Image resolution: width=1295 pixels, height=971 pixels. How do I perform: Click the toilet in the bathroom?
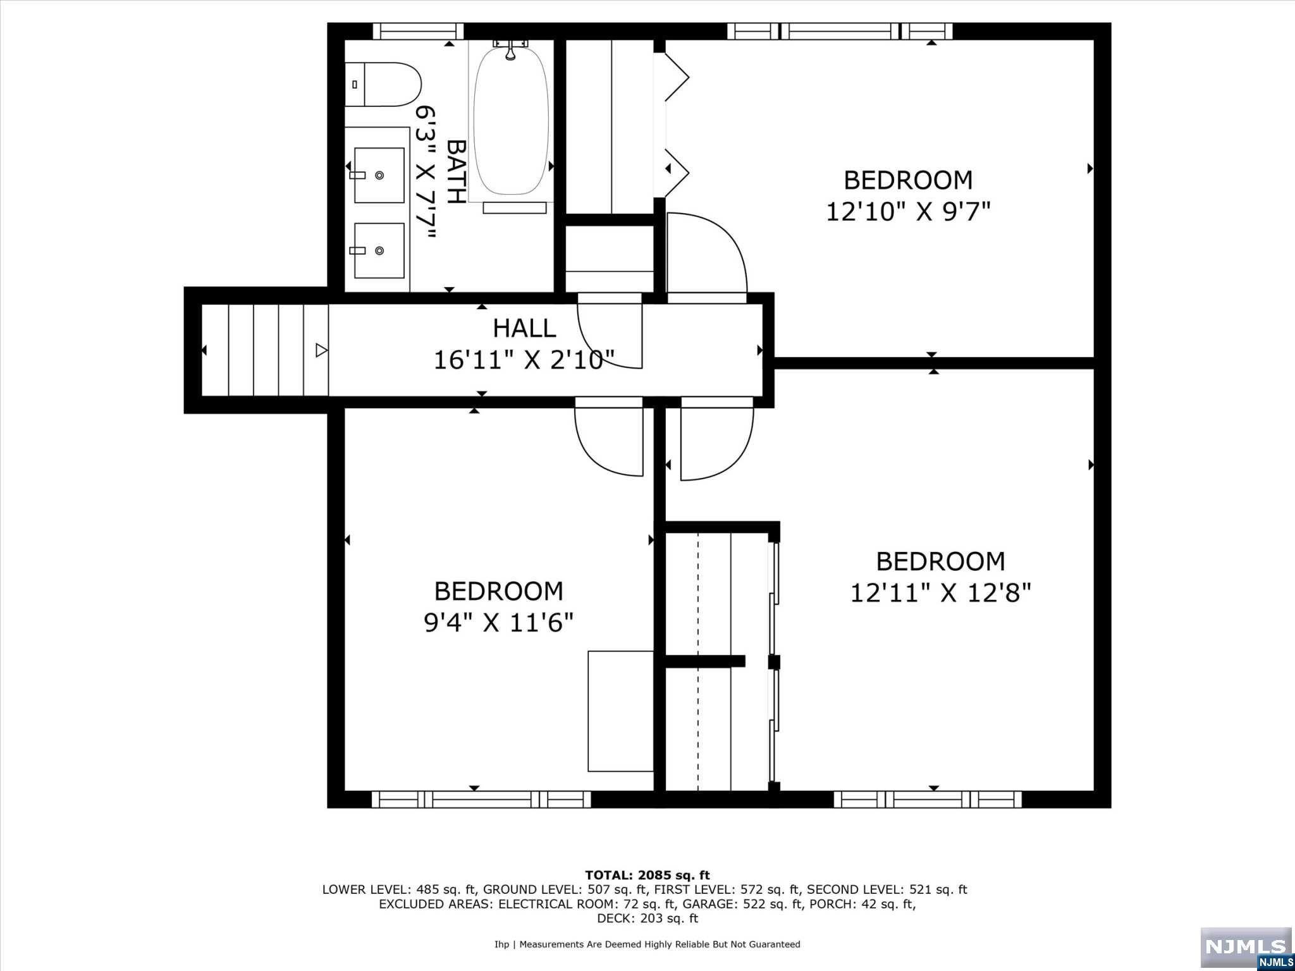tap(383, 84)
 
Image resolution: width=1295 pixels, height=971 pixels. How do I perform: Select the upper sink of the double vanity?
tap(379, 175)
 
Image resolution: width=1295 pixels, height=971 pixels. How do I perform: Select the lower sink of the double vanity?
tap(379, 250)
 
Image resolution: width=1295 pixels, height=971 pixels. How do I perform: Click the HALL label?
tap(524, 329)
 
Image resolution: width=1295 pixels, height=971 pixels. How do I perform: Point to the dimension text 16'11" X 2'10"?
tap(524, 360)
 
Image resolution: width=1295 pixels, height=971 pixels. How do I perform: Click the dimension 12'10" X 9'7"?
tap(907, 212)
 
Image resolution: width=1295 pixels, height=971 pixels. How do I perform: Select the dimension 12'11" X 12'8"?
tap(940, 593)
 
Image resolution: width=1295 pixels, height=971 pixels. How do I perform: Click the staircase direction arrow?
tap(321, 350)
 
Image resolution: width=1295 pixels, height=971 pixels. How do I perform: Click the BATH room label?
tap(456, 171)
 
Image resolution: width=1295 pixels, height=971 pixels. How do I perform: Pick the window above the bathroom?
tap(417, 31)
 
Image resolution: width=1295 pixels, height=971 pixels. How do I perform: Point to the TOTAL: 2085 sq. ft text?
tap(647, 875)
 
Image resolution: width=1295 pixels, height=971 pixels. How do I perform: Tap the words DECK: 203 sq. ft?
tap(647, 919)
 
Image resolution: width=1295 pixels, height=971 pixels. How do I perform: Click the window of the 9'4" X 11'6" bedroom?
tap(481, 799)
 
